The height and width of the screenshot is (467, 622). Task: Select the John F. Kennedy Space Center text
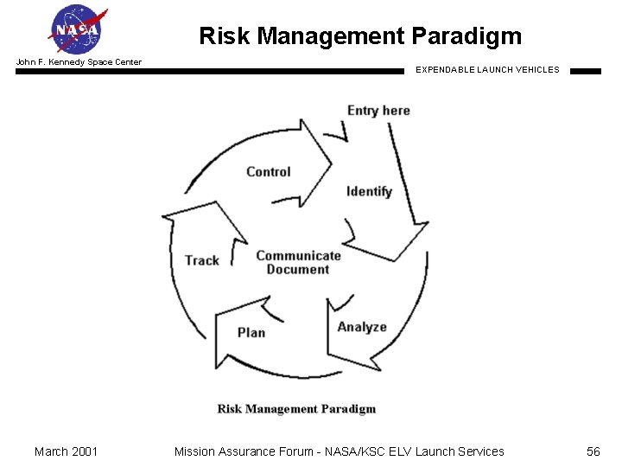tap(79, 62)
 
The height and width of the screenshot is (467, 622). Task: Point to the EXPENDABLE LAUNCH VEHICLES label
tap(487, 70)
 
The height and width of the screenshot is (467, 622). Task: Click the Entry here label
tap(378, 111)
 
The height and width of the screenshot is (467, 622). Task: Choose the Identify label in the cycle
tap(369, 192)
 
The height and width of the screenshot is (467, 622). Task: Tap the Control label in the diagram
tap(268, 172)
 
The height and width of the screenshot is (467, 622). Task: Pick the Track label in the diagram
tap(201, 260)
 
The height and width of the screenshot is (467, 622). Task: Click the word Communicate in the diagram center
tap(298, 256)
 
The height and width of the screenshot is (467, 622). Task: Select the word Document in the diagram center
tap(298, 270)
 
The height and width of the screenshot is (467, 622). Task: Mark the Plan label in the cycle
tap(251, 333)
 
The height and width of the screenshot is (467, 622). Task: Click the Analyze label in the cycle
tap(362, 327)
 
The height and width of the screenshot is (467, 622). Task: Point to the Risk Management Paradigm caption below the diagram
tap(296, 409)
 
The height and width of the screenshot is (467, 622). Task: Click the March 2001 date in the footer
tap(66, 451)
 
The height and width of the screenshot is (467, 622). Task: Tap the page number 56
tap(593, 451)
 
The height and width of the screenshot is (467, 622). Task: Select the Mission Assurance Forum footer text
tap(339, 451)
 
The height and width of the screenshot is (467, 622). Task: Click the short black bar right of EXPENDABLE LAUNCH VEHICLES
tap(586, 72)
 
